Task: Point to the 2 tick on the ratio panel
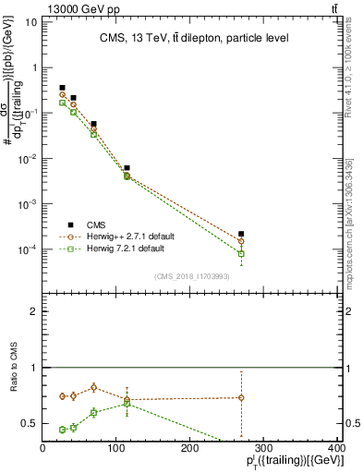pyautogui.click(x=33, y=311)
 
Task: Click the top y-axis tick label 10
pyautogui.click(x=30, y=21)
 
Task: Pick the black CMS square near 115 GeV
pyautogui.click(x=127, y=168)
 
